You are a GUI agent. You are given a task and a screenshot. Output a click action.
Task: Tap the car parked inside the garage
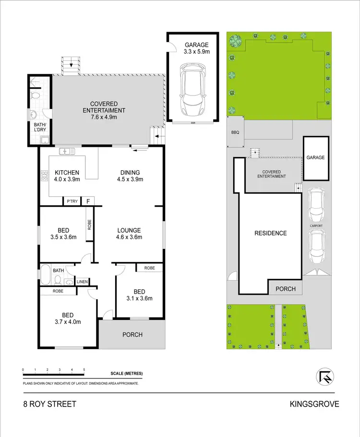pyautogui.click(x=194, y=91)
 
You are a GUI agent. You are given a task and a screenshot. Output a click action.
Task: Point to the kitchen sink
pyautogui.click(x=67, y=152)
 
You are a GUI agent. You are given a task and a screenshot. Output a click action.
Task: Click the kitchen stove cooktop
pyautogui.click(x=45, y=176)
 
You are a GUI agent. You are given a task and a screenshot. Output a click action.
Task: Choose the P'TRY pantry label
pyautogui.click(x=72, y=201)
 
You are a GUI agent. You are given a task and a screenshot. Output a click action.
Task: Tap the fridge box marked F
pyautogui.click(x=88, y=201)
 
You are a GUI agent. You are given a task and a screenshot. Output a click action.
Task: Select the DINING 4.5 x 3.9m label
pyautogui.click(x=130, y=176)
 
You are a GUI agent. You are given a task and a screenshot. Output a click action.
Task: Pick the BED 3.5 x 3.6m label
pyautogui.click(x=63, y=233)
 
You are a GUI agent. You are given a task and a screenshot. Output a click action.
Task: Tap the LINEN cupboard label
pyautogui.click(x=82, y=282)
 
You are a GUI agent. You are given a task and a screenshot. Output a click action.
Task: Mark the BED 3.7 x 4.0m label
pyautogui.click(x=67, y=318)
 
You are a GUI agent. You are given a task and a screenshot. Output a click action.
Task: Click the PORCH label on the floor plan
pyautogui.click(x=132, y=334)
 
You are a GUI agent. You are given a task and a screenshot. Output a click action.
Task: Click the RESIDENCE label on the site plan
pyautogui.click(x=271, y=234)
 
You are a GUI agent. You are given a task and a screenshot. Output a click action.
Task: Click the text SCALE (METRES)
pyautogui.click(x=126, y=374)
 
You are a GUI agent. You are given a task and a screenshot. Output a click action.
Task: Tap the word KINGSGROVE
pyautogui.click(x=314, y=404)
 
